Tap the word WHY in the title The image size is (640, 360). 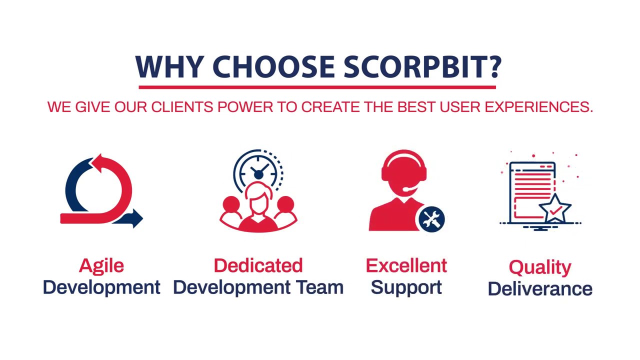[x=169, y=66]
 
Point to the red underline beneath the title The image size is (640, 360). [x=317, y=87]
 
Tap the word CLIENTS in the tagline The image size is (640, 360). [x=182, y=107]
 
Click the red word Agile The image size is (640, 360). [x=101, y=265]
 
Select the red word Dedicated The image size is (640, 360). [x=258, y=265]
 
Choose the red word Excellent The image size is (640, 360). [x=406, y=265]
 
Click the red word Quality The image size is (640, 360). [x=539, y=267]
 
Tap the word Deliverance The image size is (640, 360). [x=540, y=288]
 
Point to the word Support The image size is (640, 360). [x=406, y=287]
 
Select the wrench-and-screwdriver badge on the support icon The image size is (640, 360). [x=431, y=218]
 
